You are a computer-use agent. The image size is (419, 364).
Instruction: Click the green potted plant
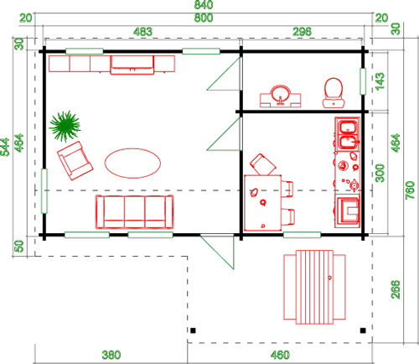pos(65,126)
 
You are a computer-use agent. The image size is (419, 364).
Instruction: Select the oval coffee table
pos(132,164)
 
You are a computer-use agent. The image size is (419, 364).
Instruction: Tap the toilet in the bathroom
pos(334,93)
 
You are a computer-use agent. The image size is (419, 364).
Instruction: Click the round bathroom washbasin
pos(280,96)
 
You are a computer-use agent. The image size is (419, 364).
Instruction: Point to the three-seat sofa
pos(135,211)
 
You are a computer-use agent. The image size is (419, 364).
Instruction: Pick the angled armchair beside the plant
pos(75,160)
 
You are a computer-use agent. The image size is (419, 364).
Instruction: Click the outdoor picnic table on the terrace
pos(314,287)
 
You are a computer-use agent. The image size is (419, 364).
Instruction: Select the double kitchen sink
pos(348,134)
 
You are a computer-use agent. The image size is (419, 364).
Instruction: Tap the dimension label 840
pos(204,5)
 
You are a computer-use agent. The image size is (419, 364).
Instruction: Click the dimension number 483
pos(142,32)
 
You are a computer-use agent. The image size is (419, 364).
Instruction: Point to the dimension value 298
pos(302,32)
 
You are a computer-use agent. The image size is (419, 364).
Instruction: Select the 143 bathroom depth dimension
pos(380,81)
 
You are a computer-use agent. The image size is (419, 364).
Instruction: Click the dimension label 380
pos(111,355)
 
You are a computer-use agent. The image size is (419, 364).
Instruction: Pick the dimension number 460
pos(280,355)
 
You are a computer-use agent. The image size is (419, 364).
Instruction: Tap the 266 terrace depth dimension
pos(396,289)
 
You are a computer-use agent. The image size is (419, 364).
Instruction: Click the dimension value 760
pos(410,190)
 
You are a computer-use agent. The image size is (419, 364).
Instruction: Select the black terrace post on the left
pos(193,330)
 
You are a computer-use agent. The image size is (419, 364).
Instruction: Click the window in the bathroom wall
pos(363,81)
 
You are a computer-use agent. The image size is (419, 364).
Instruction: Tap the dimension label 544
pos(5,147)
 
